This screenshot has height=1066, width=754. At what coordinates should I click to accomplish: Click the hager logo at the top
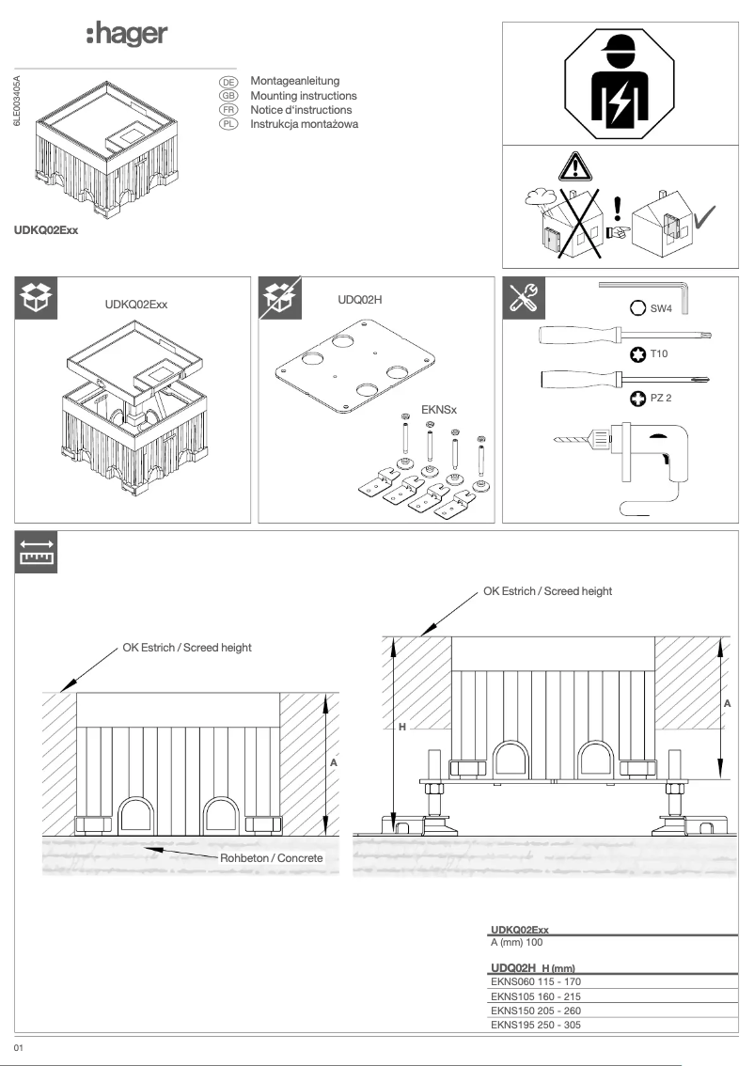[x=126, y=35]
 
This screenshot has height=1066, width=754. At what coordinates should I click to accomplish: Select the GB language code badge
[x=228, y=96]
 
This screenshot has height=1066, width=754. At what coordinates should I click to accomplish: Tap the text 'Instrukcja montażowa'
[x=304, y=124]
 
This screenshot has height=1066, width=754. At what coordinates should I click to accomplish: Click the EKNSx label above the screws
[x=441, y=410]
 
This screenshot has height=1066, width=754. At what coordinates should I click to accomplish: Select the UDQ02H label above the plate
[x=358, y=298]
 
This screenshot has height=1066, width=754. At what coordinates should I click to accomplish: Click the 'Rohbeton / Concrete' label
[x=272, y=858]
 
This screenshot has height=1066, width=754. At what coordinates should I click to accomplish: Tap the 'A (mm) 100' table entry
[x=516, y=942]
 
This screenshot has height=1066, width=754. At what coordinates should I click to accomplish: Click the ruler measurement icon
[x=37, y=554]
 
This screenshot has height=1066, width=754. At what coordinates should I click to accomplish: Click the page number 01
[x=18, y=1046]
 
